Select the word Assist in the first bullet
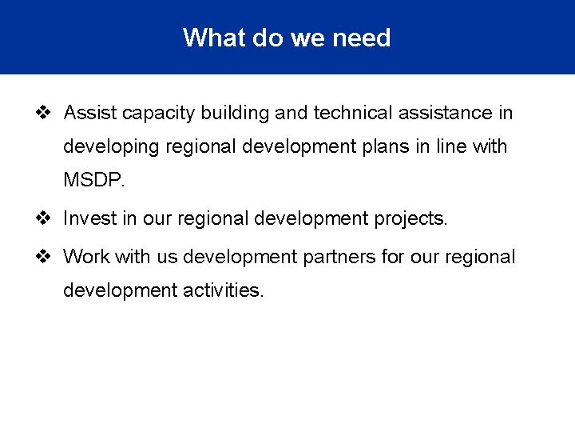click(x=90, y=113)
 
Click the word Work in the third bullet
click(x=86, y=257)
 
